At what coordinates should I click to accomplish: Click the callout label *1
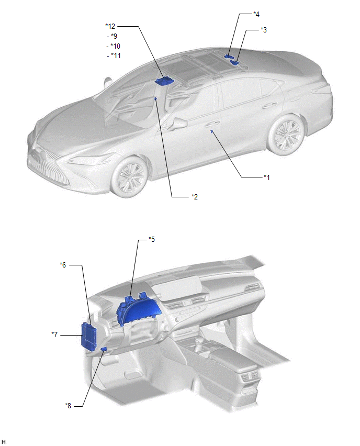coord(266,177)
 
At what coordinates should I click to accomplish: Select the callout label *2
coord(195,196)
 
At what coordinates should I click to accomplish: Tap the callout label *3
coord(264,30)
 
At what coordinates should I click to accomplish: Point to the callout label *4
coord(256,14)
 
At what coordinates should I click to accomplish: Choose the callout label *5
coord(152,239)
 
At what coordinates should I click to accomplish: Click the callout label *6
coord(63,265)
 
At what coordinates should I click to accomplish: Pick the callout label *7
coord(54,334)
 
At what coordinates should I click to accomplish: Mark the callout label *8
coord(68,406)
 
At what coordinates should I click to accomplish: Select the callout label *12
coord(110,26)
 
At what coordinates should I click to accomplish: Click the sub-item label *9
coord(114,36)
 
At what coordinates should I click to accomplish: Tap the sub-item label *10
coord(115,46)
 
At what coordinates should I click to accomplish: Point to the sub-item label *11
coord(116,55)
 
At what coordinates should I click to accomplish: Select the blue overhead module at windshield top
coord(164,81)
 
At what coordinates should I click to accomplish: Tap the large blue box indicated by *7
coord(89,336)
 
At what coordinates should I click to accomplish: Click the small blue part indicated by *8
coord(104,349)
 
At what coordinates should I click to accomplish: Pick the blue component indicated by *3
coord(235,62)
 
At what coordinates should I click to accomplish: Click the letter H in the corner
coord(3,441)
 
